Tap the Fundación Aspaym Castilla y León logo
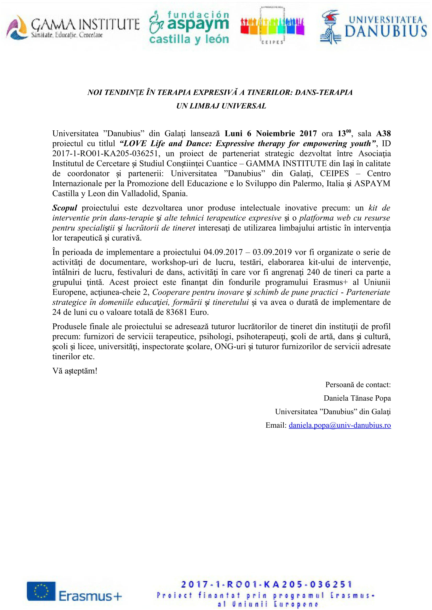point(189,27)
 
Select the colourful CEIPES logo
point(272,26)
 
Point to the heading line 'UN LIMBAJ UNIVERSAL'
point(221,106)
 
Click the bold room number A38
point(383,133)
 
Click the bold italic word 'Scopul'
point(65,208)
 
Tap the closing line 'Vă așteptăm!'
point(75,371)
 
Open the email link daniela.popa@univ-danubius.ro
point(340,425)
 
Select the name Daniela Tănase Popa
point(357,398)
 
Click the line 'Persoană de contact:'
point(358,384)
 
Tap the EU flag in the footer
point(41,591)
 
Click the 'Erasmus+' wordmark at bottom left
point(90,596)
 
